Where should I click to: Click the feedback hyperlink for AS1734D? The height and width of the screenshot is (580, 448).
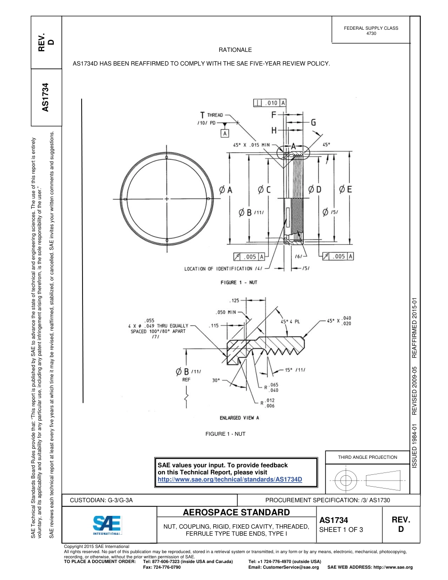click(x=229, y=479)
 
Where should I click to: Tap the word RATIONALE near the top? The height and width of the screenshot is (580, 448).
click(x=235, y=50)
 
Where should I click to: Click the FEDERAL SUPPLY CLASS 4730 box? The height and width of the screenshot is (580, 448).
click(x=371, y=31)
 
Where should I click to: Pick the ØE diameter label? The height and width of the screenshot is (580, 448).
click(x=345, y=190)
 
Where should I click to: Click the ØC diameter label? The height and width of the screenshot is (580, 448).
click(x=264, y=190)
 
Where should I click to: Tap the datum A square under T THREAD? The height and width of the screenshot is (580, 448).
click(x=224, y=133)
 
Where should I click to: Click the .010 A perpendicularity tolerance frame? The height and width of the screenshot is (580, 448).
click(x=270, y=103)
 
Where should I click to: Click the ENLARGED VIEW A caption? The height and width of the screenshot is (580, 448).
click(x=239, y=417)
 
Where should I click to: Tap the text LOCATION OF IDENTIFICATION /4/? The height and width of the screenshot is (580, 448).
click(x=223, y=269)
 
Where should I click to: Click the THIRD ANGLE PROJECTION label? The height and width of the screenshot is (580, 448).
click(x=367, y=457)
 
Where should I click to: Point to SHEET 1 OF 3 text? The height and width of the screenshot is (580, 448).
click(x=341, y=530)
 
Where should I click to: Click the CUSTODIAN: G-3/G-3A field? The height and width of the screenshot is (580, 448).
click(x=101, y=500)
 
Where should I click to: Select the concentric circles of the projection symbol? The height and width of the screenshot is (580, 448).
click(x=347, y=481)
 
